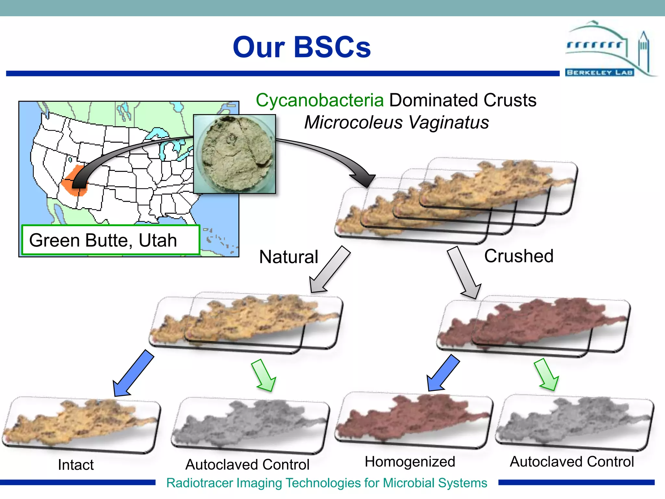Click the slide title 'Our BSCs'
coord(302,47)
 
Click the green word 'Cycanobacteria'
coord(320,100)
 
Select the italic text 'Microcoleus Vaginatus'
coord(396,122)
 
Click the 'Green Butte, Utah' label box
coord(110,240)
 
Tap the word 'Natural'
coord(288,257)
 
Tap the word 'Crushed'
coord(519,256)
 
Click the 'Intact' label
coord(76,465)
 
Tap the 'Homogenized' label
coord(410,462)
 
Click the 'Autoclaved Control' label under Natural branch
coord(247,465)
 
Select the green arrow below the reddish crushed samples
coord(547,375)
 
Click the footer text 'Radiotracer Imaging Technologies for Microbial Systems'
coord(327,483)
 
